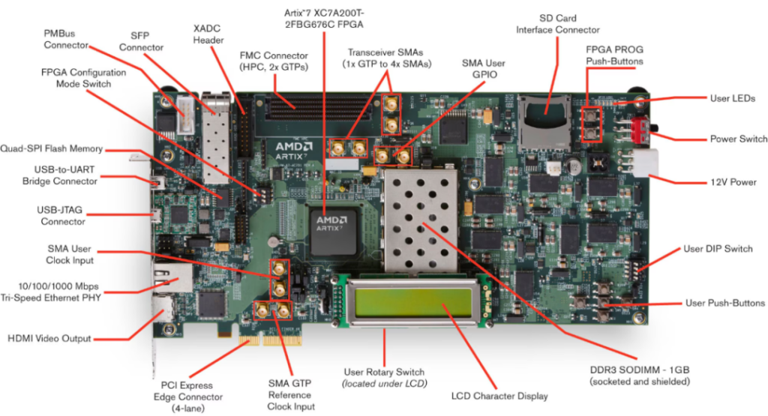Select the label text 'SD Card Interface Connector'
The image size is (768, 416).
pos(559,23)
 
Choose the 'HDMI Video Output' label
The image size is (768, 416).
pos(49,338)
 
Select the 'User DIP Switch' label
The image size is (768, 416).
pos(718,248)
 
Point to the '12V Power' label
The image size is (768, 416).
pos(732,181)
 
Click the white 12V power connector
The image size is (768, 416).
pos(646,162)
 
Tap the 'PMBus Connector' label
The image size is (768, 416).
pos(66,39)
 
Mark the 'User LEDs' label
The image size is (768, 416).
pos(732,97)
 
